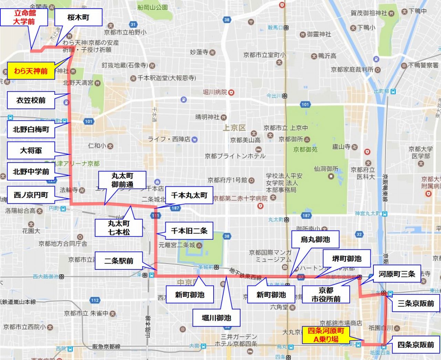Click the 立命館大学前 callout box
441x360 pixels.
coord(24,17)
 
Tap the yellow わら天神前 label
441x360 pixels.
coord(31,71)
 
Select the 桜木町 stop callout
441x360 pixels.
coord(78,17)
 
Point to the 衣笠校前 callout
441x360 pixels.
coord(31,100)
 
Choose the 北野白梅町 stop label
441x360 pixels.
coord(31,130)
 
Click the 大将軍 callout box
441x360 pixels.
coord(31,151)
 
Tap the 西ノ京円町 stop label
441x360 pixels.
coord(31,195)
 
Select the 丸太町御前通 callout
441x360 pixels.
coord(122,180)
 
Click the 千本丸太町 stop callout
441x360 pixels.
coord(189,195)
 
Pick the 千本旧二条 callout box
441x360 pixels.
coord(189,231)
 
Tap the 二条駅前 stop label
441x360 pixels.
coord(119,261)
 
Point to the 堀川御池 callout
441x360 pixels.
coord(216,318)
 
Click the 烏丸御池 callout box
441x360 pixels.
coord(315,239)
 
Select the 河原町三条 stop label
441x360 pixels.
coord(397,274)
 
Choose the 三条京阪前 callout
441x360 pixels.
coord(416,304)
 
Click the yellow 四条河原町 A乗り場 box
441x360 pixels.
coord(326,335)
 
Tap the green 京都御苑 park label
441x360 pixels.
coord(305,150)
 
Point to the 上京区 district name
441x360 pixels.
coord(234,128)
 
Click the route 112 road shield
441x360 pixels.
coord(95,300)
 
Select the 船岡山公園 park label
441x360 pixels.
coord(152,7)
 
